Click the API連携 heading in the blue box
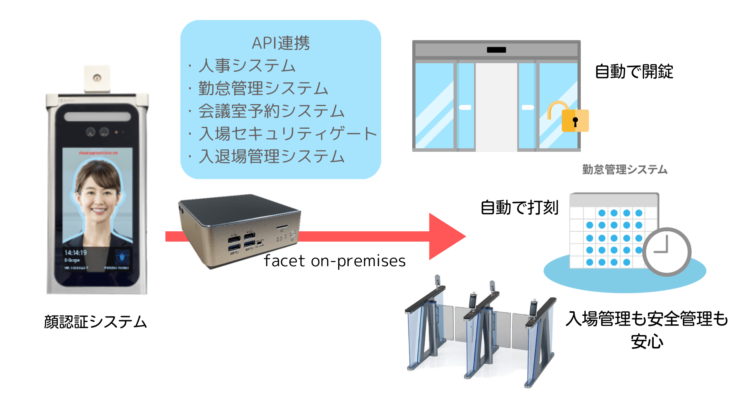pos(281,43)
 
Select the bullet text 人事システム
pos(247,66)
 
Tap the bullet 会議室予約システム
pos(271,111)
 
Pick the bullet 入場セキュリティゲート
pos(288,134)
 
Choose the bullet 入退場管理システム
pos(271,156)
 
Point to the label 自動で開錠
pos(634,71)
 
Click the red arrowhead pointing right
pos(445,236)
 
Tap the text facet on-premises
pos(334,261)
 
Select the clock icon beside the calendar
pos(667,252)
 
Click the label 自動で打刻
pos(519,207)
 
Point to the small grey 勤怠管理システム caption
pos(625,169)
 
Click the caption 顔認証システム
pos(95,322)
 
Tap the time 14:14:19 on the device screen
pos(76,252)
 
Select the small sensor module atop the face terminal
pos(97,78)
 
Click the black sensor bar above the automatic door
pos(496,50)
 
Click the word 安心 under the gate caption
pos(647,342)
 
